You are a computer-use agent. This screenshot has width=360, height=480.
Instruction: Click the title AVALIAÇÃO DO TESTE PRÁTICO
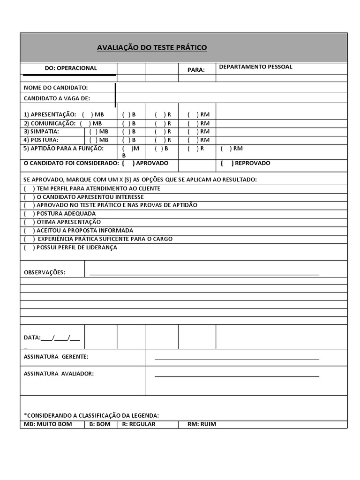coord(151,48)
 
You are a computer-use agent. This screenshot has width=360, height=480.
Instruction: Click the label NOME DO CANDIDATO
coord(56,88)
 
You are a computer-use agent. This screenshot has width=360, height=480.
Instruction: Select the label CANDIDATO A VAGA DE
coord(57,98)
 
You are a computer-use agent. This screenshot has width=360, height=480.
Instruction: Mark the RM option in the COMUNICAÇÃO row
coord(193,123)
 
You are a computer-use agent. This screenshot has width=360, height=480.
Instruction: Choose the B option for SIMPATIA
coord(127,132)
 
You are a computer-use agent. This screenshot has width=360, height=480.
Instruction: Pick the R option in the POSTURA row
coord(160,140)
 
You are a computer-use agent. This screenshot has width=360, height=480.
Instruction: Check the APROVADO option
coord(128,163)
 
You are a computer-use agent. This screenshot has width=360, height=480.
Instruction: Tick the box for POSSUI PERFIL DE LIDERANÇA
coord(29,247)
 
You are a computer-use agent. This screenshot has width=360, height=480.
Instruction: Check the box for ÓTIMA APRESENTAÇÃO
coord(29,222)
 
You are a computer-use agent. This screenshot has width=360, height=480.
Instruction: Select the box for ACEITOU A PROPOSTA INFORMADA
coord(29,231)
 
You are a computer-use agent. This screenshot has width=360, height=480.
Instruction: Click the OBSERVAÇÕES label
coord(45,272)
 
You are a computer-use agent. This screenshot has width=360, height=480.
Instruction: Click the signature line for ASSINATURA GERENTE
coord(237,359)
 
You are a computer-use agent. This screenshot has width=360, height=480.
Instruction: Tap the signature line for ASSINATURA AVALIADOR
coord(237,376)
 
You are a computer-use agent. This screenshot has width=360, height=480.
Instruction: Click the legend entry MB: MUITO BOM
coord(47,424)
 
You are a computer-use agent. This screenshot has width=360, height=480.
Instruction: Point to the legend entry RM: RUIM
coord(202,424)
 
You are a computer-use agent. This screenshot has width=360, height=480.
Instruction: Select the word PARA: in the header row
coord(196,70)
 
